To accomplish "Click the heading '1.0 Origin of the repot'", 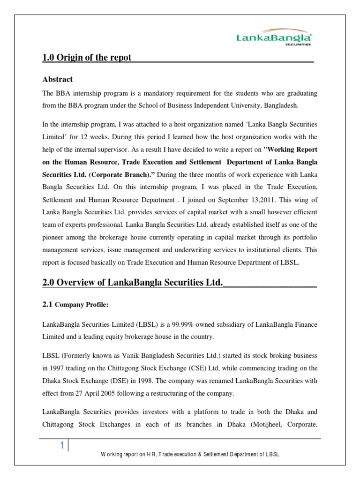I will (87, 58).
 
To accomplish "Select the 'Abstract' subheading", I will (57, 79).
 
